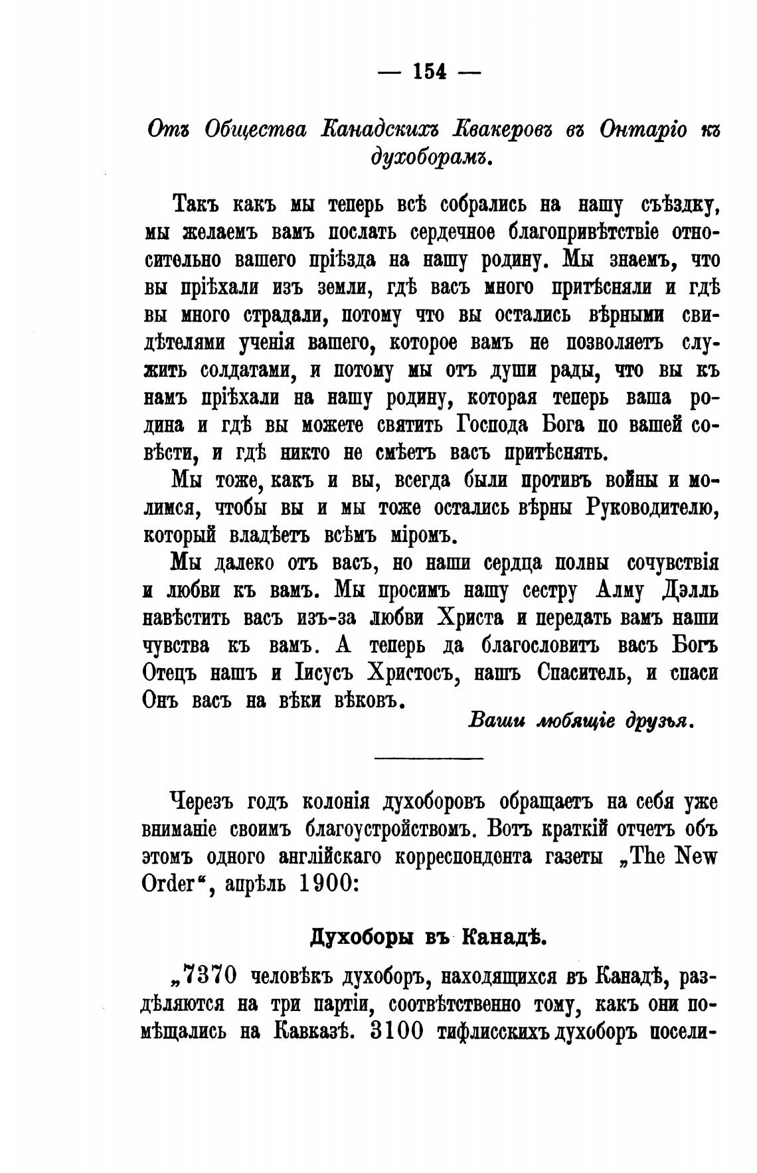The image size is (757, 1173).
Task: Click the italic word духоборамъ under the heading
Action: (428, 158)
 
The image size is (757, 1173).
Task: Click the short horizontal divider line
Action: (429, 759)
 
